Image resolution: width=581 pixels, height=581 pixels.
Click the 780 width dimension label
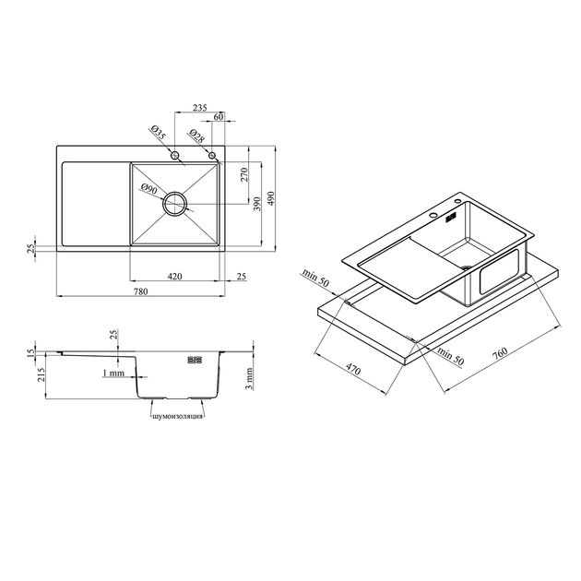pos(141,291)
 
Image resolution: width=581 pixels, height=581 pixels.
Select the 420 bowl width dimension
pos(175,276)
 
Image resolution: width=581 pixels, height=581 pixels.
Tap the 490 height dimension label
pos(271,198)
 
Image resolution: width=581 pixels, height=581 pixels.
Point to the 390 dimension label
pos(257,204)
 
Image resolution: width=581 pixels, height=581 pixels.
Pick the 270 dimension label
pos(244,175)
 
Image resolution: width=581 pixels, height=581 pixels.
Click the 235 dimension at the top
pos(200,108)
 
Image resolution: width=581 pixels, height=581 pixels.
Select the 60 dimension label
pos(219,117)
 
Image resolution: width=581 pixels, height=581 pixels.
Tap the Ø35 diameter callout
pos(158,133)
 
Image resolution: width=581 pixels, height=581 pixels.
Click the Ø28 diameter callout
pos(196,136)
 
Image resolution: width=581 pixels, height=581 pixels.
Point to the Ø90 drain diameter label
pos(149,188)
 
